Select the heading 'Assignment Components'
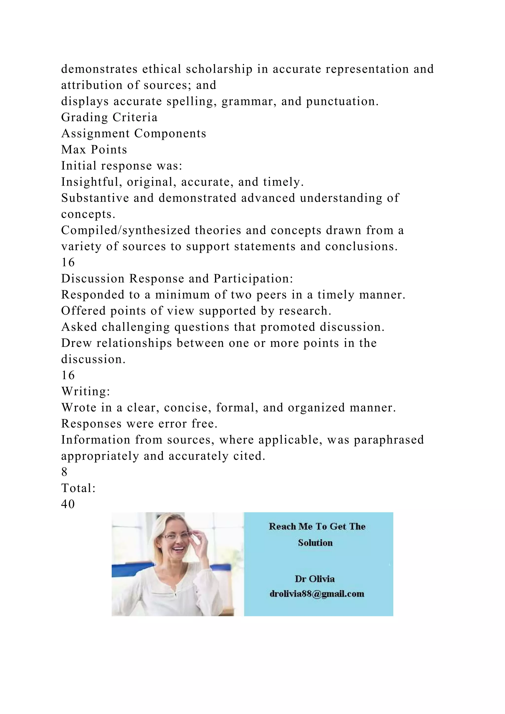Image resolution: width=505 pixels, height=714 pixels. (x=134, y=134)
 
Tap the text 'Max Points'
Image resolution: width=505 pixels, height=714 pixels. (x=94, y=150)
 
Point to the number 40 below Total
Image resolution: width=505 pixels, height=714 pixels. (x=68, y=504)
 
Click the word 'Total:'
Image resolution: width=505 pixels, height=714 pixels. (x=78, y=488)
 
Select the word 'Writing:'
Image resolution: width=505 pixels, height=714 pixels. (x=86, y=392)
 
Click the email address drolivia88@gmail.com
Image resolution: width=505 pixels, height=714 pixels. (x=317, y=594)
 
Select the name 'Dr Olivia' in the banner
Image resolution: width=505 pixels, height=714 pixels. (x=315, y=579)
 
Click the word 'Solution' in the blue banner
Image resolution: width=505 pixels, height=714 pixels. (x=315, y=543)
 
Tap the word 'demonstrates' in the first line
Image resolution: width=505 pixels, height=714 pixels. (x=99, y=69)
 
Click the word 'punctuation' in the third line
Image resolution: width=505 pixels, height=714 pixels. (x=342, y=101)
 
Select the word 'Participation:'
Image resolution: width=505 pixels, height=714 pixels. (x=253, y=279)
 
